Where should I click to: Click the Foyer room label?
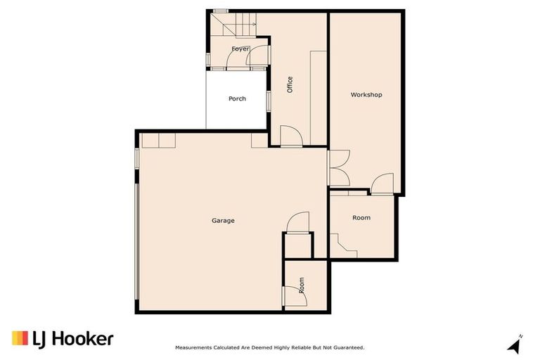coord(240,49)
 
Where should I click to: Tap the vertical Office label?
coord(289,84)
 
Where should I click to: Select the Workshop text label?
coord(366,94)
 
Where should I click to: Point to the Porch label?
coord(237,98)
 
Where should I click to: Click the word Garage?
coord(223,221)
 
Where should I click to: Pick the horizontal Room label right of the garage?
coord(361,218)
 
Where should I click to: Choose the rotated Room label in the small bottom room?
coord(302,285)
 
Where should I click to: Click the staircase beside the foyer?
coord(232,26)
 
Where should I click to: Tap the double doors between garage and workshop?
coord(337,168)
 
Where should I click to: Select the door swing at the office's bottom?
coord(290,136)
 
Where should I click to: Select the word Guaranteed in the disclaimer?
coord(347,347)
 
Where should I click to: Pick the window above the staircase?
coord(221,11)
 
